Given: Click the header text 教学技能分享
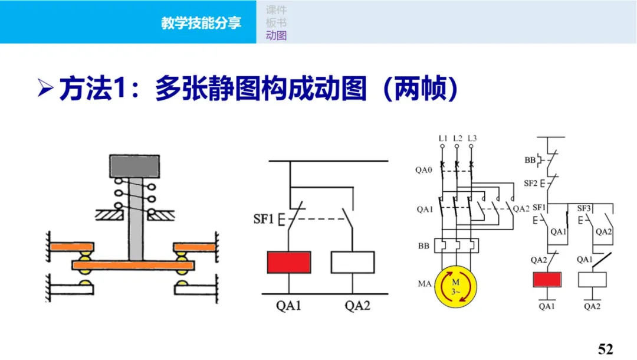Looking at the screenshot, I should click(201, 24).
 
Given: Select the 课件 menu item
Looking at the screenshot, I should click(276, 10).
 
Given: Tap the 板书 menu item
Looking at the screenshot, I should click(276, 23).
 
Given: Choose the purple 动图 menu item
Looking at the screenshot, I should click(276, 35).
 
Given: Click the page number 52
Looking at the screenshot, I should click(606, 349).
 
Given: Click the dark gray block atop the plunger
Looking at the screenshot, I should click(134, 165).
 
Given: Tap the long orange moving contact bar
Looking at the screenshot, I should click(133, 265).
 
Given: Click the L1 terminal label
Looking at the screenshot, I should click(444, 139).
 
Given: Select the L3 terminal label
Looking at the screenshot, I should click(472, 139).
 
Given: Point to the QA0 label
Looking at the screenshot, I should click(423, 169).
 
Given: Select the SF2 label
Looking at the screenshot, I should click(530, 183).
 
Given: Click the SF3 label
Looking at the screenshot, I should click(584, 208).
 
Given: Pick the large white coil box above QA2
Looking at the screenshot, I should click(352, 262).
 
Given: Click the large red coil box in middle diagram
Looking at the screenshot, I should click(289, 262).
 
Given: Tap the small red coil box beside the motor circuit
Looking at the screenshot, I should click(547, 279).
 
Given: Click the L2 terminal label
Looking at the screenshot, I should click(458, 139).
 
